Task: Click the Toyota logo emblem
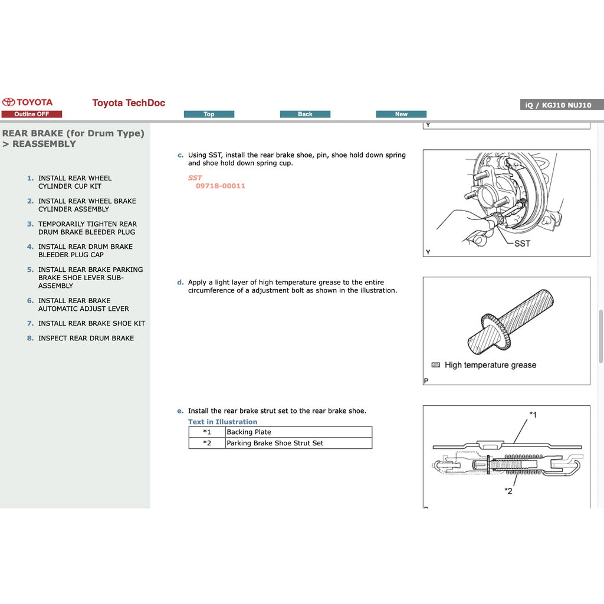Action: [8, 102]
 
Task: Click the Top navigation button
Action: [209, 114]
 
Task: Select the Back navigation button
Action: [305, 114]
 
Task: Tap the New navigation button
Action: [401, 114]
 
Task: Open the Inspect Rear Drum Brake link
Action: [86, 338]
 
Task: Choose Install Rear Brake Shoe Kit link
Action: [91, 323]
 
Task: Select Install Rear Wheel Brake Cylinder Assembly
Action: [87, 205]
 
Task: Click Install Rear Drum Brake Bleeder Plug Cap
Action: [86, 251]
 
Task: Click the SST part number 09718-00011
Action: [221, 186]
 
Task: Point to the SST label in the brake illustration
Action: [522, 244]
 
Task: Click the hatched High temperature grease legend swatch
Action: [436, 365]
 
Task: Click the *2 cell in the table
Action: [206, 443]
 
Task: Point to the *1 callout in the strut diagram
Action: [532, 415]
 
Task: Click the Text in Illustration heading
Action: [222, 422]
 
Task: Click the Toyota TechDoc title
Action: [129, 103]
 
